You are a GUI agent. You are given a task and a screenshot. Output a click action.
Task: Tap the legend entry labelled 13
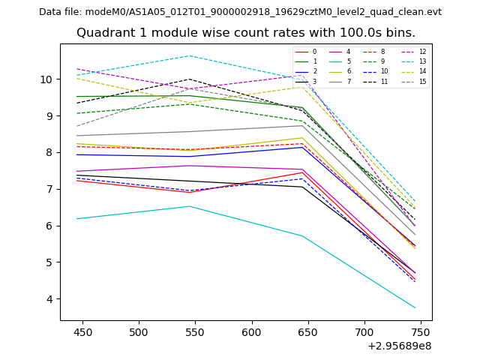click(x=422, y=61)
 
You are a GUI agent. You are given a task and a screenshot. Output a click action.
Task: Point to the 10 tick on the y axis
click(x=46, y=79)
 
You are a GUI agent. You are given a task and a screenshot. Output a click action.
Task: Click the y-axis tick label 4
click(x=49, y=299)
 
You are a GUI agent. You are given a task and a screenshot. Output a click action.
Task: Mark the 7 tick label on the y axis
click(x=49, y=189)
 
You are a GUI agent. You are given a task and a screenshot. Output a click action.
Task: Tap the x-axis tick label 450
click(x=82, y=331)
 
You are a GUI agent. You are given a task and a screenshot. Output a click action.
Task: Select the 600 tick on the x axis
click(x=251, y=331)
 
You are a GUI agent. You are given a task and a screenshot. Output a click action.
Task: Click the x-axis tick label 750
click(x=421, y=331)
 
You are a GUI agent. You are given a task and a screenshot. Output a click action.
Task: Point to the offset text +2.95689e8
click(x=398, y=346)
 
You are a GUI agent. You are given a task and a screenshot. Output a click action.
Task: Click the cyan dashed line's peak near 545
click(x=190, y=55)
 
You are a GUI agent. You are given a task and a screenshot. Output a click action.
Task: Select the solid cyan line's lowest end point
click(x=415, y=307)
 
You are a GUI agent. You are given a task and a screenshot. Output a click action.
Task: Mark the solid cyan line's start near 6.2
click(x=77, y=219)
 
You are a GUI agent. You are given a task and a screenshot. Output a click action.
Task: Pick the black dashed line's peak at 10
click(x=190, y=79)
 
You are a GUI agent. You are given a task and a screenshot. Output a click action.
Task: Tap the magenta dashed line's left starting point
click(x=77, y=69)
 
